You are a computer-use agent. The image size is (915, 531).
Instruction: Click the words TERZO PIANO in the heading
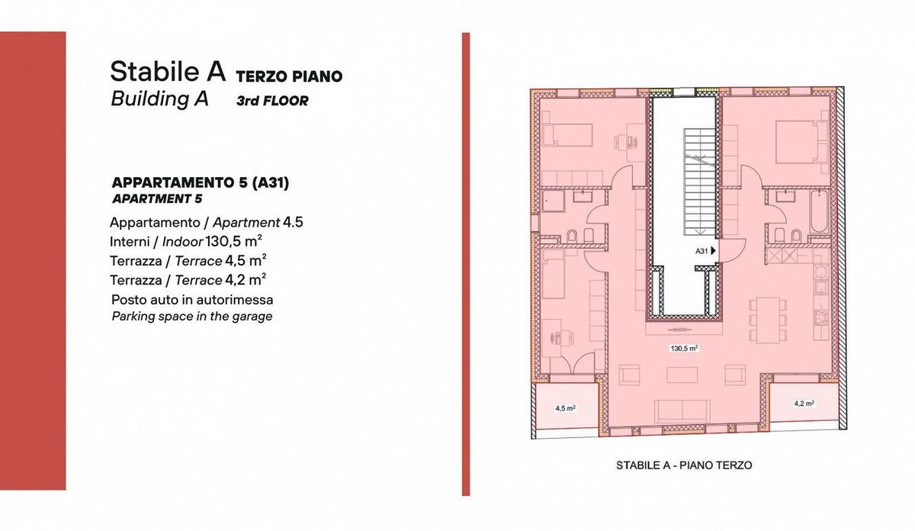click(289, 76)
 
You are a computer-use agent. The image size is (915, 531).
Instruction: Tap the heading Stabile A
click(168, 71)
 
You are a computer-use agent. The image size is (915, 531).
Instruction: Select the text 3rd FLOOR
click(272, 101)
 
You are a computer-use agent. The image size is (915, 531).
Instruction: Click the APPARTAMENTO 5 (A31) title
click(200, 183)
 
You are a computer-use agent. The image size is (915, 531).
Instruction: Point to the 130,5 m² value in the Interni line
click(233, 241)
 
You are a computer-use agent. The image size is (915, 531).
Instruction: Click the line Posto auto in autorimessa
click(192, 300)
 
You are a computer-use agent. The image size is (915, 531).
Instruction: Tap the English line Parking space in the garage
click(192, 317)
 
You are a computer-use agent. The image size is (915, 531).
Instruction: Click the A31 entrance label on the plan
click(701, 251)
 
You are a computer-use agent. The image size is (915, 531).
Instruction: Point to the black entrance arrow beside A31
click(713, 250)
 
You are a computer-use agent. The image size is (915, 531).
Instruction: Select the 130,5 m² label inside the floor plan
click(684, 348)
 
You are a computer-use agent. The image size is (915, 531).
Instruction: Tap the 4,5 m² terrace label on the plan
click(565, 408)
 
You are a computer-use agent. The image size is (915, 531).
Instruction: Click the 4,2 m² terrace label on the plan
click(804, 404)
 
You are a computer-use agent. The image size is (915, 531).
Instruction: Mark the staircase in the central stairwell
click(700, 182)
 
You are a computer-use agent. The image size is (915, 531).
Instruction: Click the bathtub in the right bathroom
click(819, 211)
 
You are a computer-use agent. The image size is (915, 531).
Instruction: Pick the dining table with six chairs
click(768, 320)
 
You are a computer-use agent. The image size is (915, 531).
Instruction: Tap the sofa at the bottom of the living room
click(682, 411)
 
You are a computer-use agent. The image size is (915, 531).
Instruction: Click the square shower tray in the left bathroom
click(553, 201)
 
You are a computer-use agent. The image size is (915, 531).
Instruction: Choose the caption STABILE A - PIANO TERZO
click(684, 465)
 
